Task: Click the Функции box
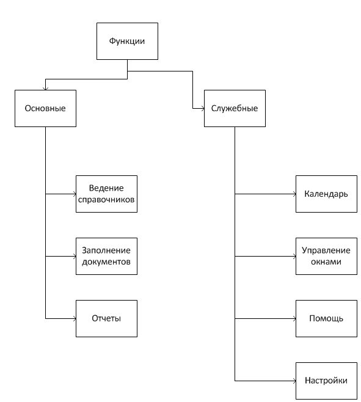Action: tap(127, 42)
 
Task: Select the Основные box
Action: tap(45, 108)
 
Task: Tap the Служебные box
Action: tap(235, 108)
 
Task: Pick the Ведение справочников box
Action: tap(106, 194)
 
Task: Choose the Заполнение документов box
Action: tap(106, 256)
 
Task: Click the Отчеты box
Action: tap(106, 318)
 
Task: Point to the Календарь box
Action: tap(326, 194)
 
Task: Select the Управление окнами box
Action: tap(326, 256)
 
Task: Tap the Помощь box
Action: tap(326, 318)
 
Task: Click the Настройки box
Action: tap(326, 381)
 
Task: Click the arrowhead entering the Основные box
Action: tap(45, 89)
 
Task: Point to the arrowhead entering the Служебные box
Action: tap(203, 108)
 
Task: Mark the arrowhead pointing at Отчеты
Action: tap(75, 318)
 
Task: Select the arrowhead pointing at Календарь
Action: tap(294, 194)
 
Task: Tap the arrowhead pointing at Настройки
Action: tap(294, 381)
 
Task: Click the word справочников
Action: tap(106, 200)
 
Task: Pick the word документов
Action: tap(106, 261)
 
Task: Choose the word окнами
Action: tap(326, 261)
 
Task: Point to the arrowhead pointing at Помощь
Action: tap(294, 318)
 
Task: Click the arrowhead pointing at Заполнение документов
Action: tap(75, 256)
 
